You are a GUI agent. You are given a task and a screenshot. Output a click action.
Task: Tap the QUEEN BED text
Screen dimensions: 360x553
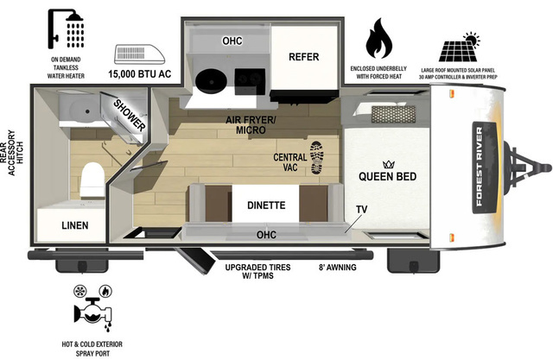[388, 177]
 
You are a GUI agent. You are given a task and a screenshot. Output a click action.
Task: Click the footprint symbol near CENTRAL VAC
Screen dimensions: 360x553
[315, 158]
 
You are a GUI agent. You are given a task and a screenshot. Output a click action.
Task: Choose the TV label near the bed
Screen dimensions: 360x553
[361, 210]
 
